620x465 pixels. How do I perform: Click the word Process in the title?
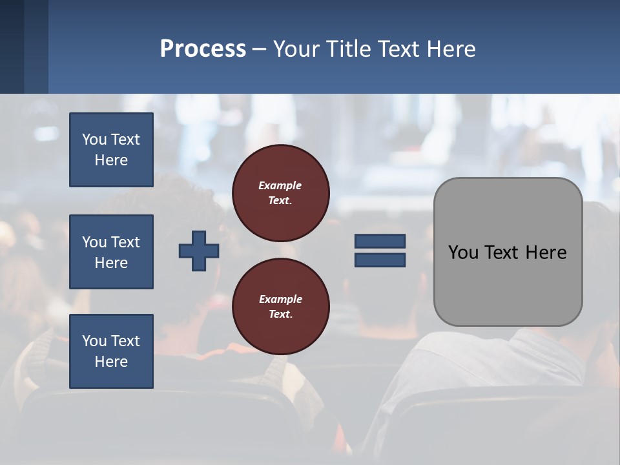(203, 48)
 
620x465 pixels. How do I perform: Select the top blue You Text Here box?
(111, 150)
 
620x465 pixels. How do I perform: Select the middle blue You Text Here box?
(111, 252)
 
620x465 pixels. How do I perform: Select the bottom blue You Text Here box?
(111, 351)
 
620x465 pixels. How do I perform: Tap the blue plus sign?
(199, 251)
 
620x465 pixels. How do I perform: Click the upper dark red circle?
(281, 193)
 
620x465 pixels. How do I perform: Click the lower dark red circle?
(281, 307)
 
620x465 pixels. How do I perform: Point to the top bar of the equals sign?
(380, 241)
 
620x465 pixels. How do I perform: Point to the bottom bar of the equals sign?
(380, 260)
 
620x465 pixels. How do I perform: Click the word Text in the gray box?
(504, 252)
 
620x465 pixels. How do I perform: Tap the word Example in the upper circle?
(280, 185)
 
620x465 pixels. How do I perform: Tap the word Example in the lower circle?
(280, 299)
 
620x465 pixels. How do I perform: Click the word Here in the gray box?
(546, 252)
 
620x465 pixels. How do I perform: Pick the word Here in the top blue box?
(111, 160)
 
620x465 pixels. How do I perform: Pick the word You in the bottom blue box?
(94, 341)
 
